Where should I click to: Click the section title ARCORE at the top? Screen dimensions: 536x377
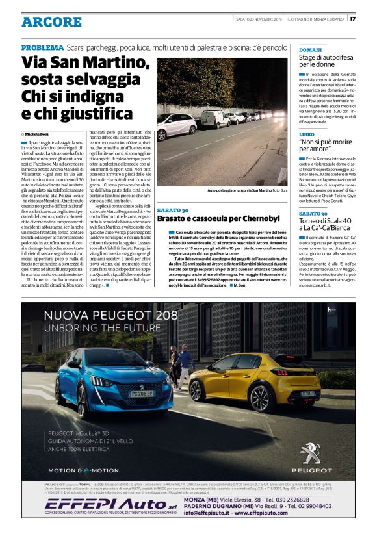51,22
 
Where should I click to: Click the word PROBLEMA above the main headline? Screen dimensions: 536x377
42,49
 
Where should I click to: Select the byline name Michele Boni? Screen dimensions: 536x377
40,132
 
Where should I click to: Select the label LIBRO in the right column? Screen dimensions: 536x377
306,134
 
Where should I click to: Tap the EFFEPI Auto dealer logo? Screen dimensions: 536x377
97,504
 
